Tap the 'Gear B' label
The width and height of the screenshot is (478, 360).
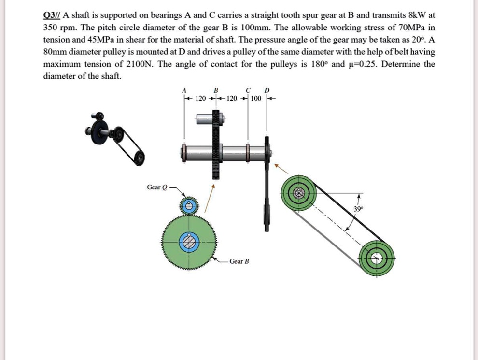coord(239,261)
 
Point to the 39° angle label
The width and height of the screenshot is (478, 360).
coord(357,209)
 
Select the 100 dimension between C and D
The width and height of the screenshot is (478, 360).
coord(256,99)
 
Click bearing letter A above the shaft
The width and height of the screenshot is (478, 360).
coord(183,90)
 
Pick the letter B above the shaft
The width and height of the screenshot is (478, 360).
coord(216,90)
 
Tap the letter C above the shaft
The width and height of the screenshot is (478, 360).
coord(248,90)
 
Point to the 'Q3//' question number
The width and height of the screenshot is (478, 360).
coord(54,15)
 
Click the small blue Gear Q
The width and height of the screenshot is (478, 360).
coord(189,206)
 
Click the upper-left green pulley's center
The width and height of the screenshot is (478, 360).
coord(299,194)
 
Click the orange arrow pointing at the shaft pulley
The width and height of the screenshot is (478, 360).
coord(281,168)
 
